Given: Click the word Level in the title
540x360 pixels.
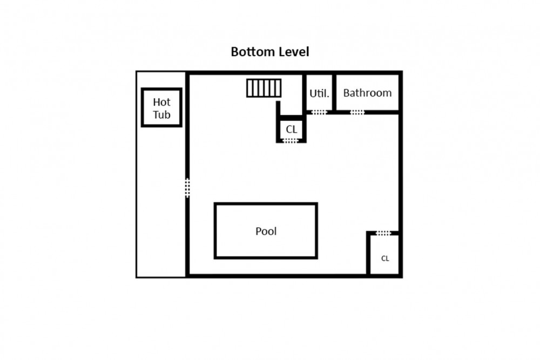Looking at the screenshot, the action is [294, 52].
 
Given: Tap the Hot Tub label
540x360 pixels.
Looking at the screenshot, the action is [161, 108].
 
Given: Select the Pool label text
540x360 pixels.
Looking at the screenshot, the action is [266, 231].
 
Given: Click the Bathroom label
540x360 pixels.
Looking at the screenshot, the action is [367, 93].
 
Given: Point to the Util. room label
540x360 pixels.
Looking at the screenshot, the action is [319, 93].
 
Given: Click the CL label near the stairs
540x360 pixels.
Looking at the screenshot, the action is [292, 129].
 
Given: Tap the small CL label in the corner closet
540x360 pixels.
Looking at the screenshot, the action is [385, 259].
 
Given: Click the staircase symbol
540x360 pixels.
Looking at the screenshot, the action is [264, 88].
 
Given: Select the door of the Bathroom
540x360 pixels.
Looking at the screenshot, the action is [357, 112].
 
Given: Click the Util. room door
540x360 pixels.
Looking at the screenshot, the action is [319, 112].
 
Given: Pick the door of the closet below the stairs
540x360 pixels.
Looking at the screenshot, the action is [291, 140].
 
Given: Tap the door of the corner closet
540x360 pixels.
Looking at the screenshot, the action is [383, 233].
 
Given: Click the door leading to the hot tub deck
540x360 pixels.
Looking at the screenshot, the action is [187, 188].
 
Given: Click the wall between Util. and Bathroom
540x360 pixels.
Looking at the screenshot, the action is [334, 93].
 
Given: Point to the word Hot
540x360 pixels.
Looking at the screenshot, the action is [161, 102].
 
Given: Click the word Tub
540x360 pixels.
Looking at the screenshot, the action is [161, 114].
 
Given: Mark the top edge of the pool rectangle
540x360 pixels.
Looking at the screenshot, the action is [266, 203].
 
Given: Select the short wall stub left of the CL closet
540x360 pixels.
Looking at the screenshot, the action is [278, 121].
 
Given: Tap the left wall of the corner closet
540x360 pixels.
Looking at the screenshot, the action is [368, 254].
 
